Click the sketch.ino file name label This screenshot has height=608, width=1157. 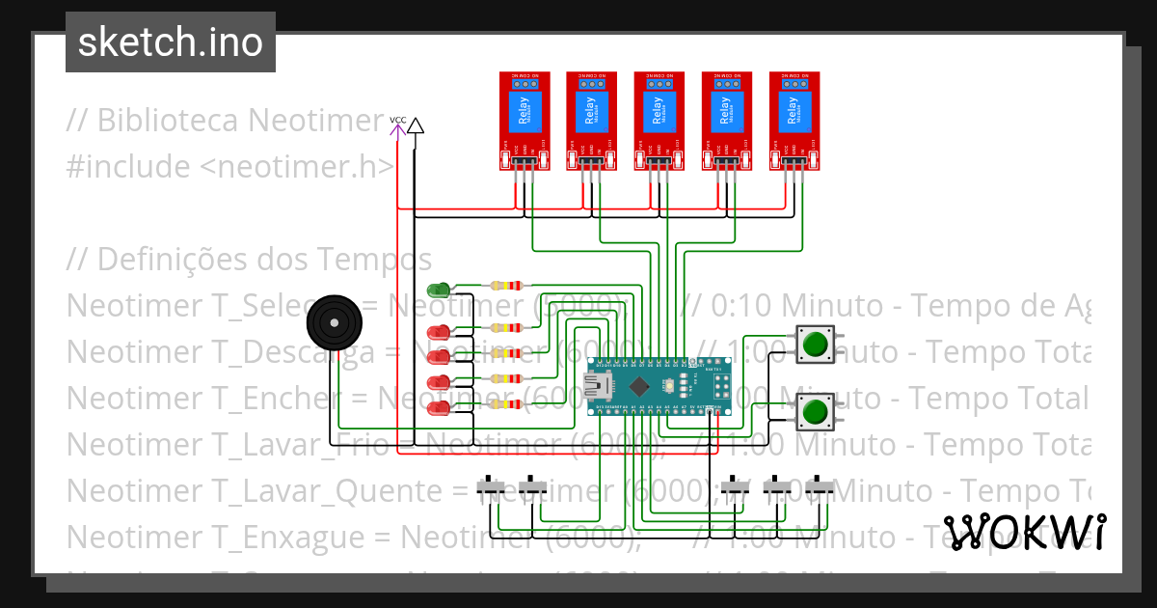pyautogui.click(x=170, y=42)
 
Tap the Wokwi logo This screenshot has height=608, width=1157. pyautogui.click(x=1023, y=532)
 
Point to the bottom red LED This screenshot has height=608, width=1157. pyautogui.click(x=439, y=409)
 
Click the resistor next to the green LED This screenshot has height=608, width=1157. pyautogui.click(x=506, y=286)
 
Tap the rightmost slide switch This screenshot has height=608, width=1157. pyautogui.click(x=821, y=488)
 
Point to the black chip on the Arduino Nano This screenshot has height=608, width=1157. pyautogui.click(x=638, y=387)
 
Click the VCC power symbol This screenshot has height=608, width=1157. pyautogui.click(x=397, y=123)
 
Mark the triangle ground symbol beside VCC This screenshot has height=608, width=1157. pyautogui.click(x=415, y=125)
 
